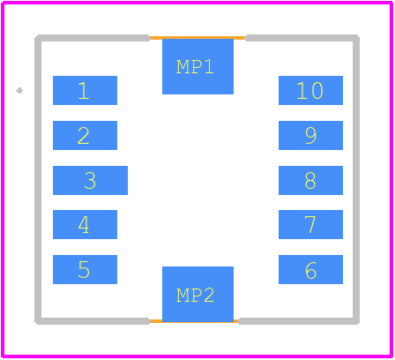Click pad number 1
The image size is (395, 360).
85,90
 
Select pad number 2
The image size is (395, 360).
85,135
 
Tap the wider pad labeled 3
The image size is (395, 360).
90,180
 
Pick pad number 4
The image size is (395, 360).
85,224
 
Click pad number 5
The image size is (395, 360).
85,269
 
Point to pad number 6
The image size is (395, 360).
310,269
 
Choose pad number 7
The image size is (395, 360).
310,224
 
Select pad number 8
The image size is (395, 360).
310,180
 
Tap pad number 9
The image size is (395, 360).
310,135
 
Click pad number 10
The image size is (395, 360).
310,90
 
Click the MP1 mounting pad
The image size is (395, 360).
197,67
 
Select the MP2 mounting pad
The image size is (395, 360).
197,294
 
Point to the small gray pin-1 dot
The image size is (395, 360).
19,91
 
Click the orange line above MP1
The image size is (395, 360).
197,38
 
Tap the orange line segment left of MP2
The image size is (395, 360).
156,321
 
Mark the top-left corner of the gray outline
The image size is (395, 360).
38,38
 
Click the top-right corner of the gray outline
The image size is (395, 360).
356,38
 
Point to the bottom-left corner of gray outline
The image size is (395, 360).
38,321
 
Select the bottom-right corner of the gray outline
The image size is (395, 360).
356,321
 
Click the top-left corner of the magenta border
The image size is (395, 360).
3,3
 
